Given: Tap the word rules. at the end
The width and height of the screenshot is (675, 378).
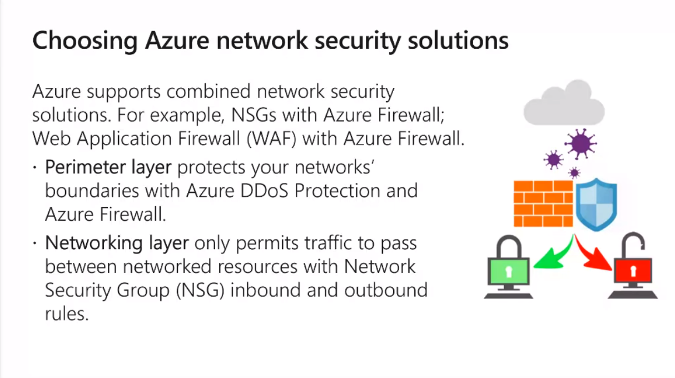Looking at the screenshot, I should pos(67,315).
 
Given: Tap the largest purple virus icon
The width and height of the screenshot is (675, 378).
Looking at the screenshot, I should pos(580,145).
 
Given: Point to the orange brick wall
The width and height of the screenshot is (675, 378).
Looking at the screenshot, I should pos(543,203).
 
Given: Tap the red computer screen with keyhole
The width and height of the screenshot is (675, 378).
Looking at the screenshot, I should pos(632,271).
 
